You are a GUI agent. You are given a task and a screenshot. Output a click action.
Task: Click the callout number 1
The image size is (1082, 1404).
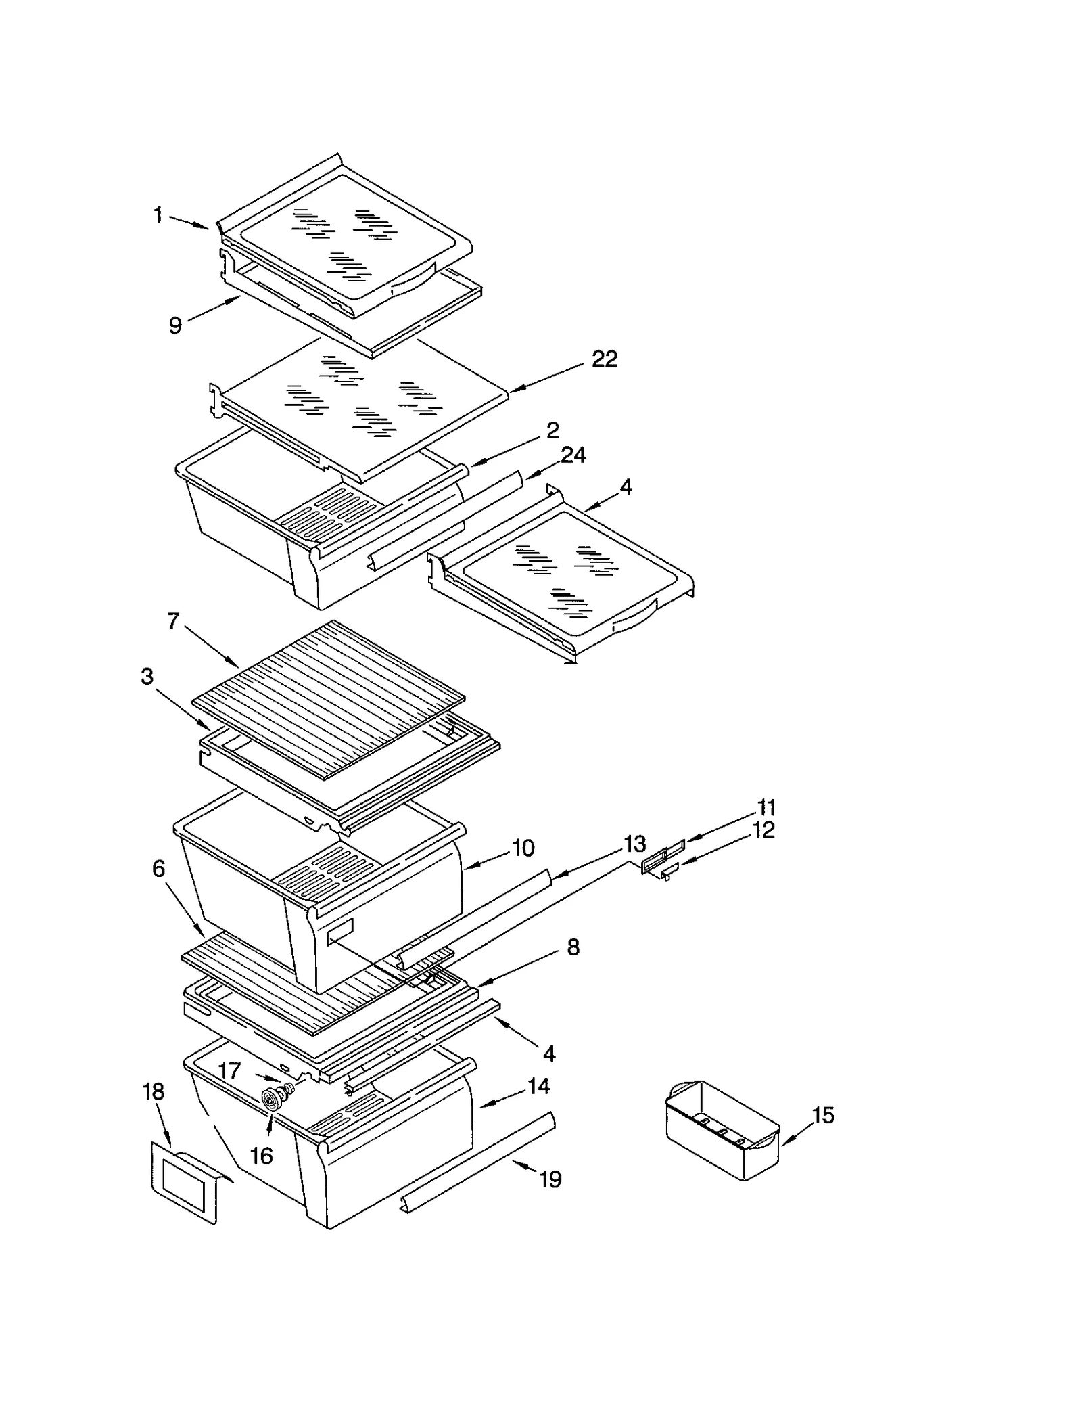click(158, 216)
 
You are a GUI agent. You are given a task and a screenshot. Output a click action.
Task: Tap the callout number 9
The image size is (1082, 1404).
click(175, 325)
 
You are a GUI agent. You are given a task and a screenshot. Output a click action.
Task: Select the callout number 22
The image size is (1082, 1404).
click(604, 359)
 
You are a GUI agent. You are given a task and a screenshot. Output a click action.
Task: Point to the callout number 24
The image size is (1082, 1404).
click(573, 455)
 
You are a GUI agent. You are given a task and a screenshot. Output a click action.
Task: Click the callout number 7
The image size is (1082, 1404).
click(173, 620)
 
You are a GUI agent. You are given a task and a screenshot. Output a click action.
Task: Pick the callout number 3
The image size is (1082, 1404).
click(147, 676)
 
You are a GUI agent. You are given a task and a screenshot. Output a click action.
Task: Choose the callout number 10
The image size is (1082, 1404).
click(523, 848)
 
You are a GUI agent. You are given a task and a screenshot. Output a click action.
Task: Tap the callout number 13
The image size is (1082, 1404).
click(634, 844)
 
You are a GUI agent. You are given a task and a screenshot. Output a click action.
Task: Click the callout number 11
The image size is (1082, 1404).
click(766, 807)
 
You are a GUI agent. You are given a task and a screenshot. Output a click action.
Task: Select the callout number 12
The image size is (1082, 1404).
click(763, 830)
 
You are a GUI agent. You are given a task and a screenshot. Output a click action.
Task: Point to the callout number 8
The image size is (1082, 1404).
click(573, 948)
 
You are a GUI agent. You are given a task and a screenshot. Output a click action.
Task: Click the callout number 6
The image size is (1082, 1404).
click(158, 868)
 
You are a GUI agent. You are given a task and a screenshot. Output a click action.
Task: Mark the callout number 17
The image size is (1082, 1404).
click(229, 1070)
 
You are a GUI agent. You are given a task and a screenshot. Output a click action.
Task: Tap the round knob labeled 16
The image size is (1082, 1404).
click(271, 1101)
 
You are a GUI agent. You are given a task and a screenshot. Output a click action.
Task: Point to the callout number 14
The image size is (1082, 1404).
click(538, 1086)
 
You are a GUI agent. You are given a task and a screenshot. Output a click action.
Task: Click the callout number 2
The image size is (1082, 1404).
click(552, 430)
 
